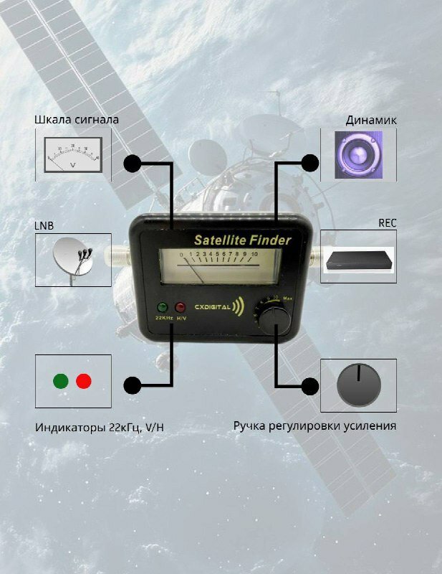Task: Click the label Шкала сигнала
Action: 77,119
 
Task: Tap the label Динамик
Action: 370,120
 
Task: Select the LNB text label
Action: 44,225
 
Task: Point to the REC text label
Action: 387,223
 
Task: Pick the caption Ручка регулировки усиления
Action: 314,426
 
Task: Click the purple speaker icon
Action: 358,155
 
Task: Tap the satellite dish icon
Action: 73,259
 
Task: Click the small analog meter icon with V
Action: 73,156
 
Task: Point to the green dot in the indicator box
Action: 61,381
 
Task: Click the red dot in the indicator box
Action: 84,381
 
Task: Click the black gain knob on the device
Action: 274,319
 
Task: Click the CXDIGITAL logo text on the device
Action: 211,307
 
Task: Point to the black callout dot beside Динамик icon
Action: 309,163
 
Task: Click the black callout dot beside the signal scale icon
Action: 132,163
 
